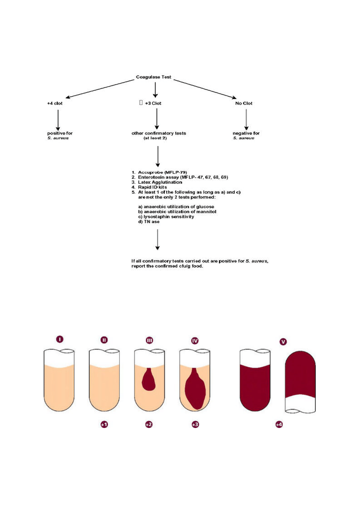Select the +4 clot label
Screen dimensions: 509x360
[x=55, y=103]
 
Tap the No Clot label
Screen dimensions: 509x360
[x=244, y=103]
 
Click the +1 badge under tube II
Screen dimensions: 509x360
[x=104, y=424]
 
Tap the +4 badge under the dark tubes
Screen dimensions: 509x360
[x=279, y=424]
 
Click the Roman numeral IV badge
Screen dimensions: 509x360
[x=195, y=341]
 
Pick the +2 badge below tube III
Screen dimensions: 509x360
[x=149, y=424]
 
